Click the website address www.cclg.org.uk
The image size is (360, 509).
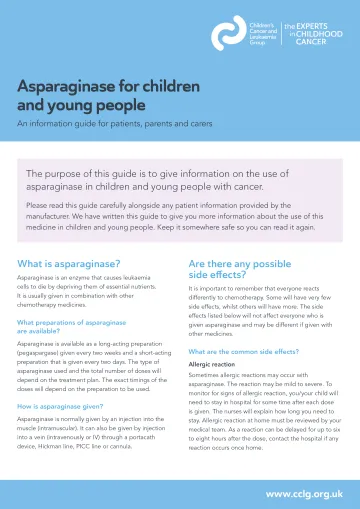(303, 494)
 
